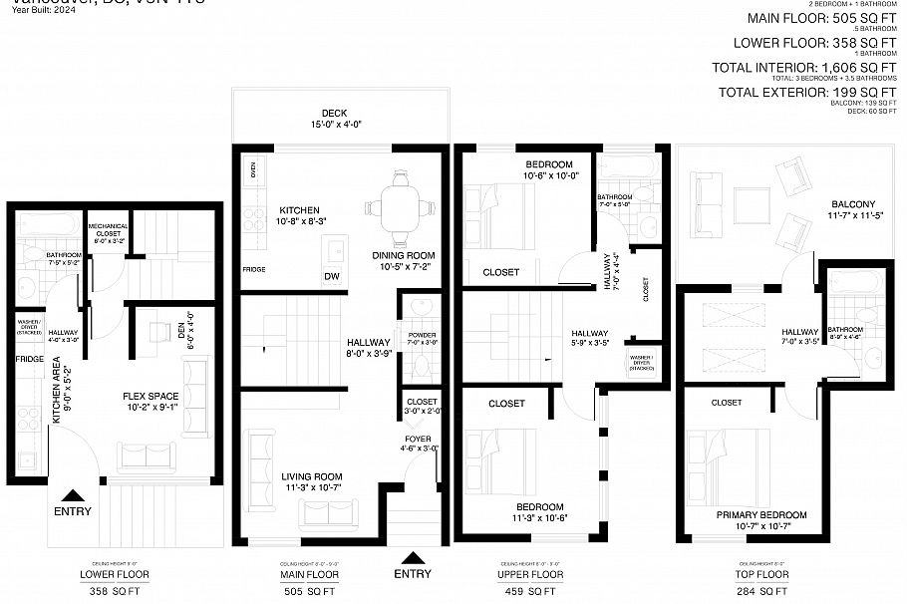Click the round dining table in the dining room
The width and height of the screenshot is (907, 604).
click(x=402, y=208)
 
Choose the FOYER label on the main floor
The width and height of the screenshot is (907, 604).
click(x=418, y=438)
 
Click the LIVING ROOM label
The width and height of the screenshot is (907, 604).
click(x=311, y=476)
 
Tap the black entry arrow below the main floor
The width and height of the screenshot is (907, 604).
click(x=413, y=557)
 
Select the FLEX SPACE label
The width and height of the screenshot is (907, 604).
click(x=150, y=394)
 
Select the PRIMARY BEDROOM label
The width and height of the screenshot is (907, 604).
click(x=761, y=514)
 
